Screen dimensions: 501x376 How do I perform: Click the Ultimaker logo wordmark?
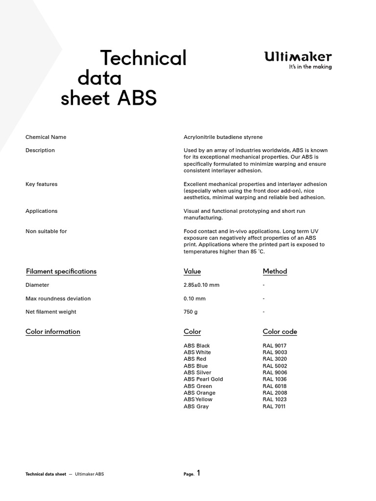pyautogui.click(x=298, y=57)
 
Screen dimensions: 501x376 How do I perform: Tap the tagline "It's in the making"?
pyautogui.click(x=310, y=67)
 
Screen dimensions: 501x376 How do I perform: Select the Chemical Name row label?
pyautogui.click(x=46, y=137)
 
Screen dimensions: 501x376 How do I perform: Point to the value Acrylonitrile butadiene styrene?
pyautogui.click(x=223, y=137)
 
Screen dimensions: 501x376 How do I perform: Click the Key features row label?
pyautogui.click(x=41, y=184)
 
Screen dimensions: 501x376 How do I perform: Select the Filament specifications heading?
pyautogui.click(x=61, y=271)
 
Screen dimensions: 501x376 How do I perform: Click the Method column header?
pyautogui.click(x=275, y=271)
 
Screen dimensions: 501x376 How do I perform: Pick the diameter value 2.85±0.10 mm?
pyautogui.click(x=201, y=285)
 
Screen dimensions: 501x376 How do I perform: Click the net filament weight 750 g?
pyautogui.click(x=191, y=312)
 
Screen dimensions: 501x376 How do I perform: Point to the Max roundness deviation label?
pyautogui.click(x=58, y=298)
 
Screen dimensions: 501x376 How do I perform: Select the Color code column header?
pyautogui.click(x=280, y=331)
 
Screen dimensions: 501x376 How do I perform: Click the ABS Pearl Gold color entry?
pyautogui.click(x=203, y=379)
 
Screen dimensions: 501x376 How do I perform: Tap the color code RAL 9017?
pyautogui.click(x=275, y=345)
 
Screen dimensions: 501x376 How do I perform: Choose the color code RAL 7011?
pyautogui.click(x=274, y=406)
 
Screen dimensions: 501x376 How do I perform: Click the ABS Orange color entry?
pyautogui.click(x=199, y=392)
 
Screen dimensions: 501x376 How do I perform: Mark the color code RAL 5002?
pyautogui.click(x=275, y=365)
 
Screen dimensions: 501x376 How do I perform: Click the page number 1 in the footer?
pyautogui.click(x=198, y=473)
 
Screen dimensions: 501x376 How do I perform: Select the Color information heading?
pyautogui.click(x=52, y=331)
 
